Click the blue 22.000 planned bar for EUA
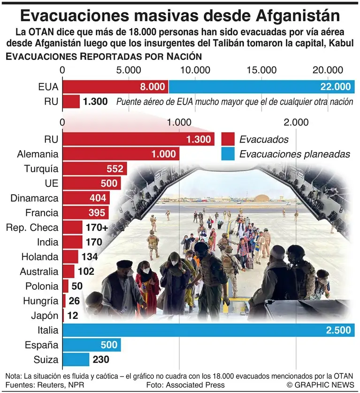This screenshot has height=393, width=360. [x=261, y=87]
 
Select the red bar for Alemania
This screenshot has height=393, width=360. [x=120, y=154]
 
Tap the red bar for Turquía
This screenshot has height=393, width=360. [x=94, y=169]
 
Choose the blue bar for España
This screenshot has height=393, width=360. [x=92, y=345]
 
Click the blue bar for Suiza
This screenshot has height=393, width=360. [x=76, y=360]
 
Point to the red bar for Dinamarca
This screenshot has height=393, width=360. [x=86, y=198]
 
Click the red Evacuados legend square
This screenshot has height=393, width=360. [x=228, y=139]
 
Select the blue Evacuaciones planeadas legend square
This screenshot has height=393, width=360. [x=228, y=154]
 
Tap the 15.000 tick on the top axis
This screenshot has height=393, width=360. [x=262, y=69]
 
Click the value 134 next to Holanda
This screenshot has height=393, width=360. [x=89, y=257]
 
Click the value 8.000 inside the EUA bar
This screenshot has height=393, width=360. [x=153, y=87]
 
